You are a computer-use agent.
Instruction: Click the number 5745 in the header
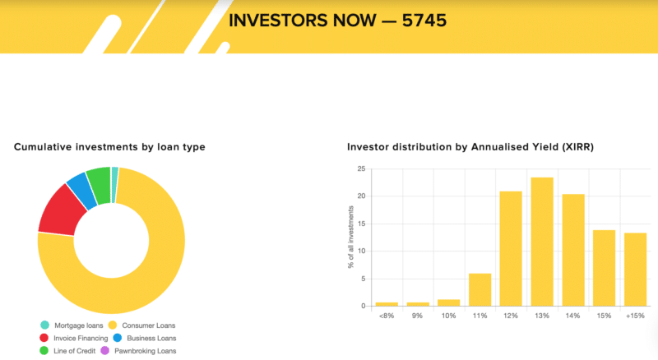(424, 21)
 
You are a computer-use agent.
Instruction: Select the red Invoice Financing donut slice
(61, 210)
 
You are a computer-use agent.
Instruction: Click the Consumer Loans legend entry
(141, 325)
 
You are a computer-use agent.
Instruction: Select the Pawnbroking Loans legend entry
(138, 351)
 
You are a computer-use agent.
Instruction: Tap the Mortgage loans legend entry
(72, 325)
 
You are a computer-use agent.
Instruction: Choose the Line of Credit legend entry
(67, 351)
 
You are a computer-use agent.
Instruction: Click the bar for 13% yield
(542, 242)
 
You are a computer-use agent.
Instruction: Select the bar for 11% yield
(480, 290)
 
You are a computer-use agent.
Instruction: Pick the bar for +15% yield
(635, 270)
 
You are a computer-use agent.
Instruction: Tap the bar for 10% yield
(448, 303)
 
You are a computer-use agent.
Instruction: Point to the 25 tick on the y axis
(361, 168)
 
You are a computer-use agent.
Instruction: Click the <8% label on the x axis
(387, 316)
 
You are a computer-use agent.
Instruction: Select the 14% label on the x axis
(572, 316)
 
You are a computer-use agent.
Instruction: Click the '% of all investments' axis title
(351, 237)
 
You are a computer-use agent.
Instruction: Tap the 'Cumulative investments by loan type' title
(109, 147)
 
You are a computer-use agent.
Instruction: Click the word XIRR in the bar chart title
(578, 147)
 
